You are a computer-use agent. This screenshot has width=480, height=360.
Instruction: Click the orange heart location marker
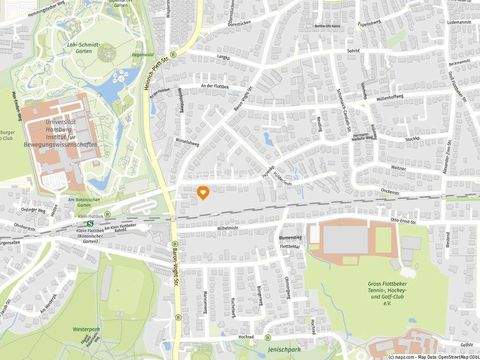point(203,192)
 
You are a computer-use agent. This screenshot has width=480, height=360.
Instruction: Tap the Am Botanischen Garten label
point(56,198)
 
